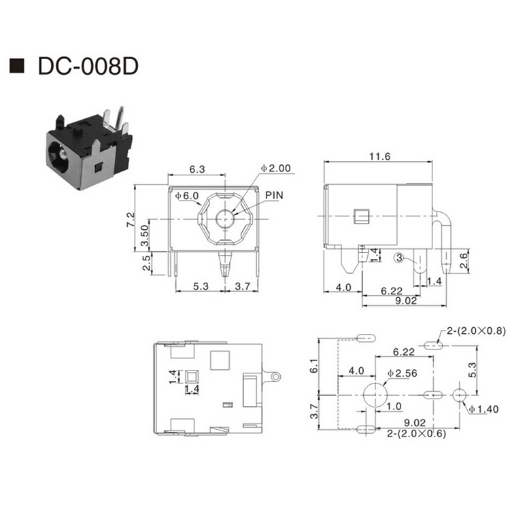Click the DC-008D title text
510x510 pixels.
coord(88,67)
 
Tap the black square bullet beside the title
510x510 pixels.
coord(17,66)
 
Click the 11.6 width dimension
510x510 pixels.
coord(379,156)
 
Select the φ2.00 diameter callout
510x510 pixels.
coord(276,168)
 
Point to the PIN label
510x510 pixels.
coord(274,195)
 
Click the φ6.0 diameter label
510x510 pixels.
coord(187,195)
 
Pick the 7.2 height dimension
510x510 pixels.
coord(130,219)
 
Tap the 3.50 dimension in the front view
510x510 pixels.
coord(144,235)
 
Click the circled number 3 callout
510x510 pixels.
coord(398,258)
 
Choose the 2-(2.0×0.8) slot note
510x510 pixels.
coord(476,330)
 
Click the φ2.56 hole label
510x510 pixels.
coord(403,373)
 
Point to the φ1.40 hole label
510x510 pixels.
coord(483,409)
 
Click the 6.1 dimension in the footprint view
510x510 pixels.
coord(314,366)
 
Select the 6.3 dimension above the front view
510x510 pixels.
coord(197,169)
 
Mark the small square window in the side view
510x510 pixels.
coord(361,216)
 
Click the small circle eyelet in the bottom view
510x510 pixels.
coord(276,377)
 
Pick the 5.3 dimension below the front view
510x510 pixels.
coord(201,286)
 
